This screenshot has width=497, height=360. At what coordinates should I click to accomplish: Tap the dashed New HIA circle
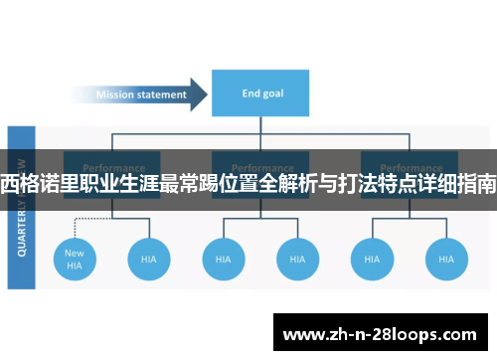click(x=75, y=259)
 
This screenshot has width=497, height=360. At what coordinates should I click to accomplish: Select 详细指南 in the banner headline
click(x=456, y=183)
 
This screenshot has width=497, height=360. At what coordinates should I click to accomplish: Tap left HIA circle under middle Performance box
click(x=224, y=259)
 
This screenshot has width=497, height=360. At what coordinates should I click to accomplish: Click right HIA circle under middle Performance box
click(x=297, y=259)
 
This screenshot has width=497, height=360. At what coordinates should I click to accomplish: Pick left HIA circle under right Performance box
click(x=372, y=259)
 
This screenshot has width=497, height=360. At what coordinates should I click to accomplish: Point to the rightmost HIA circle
click(x=445, y=259)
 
